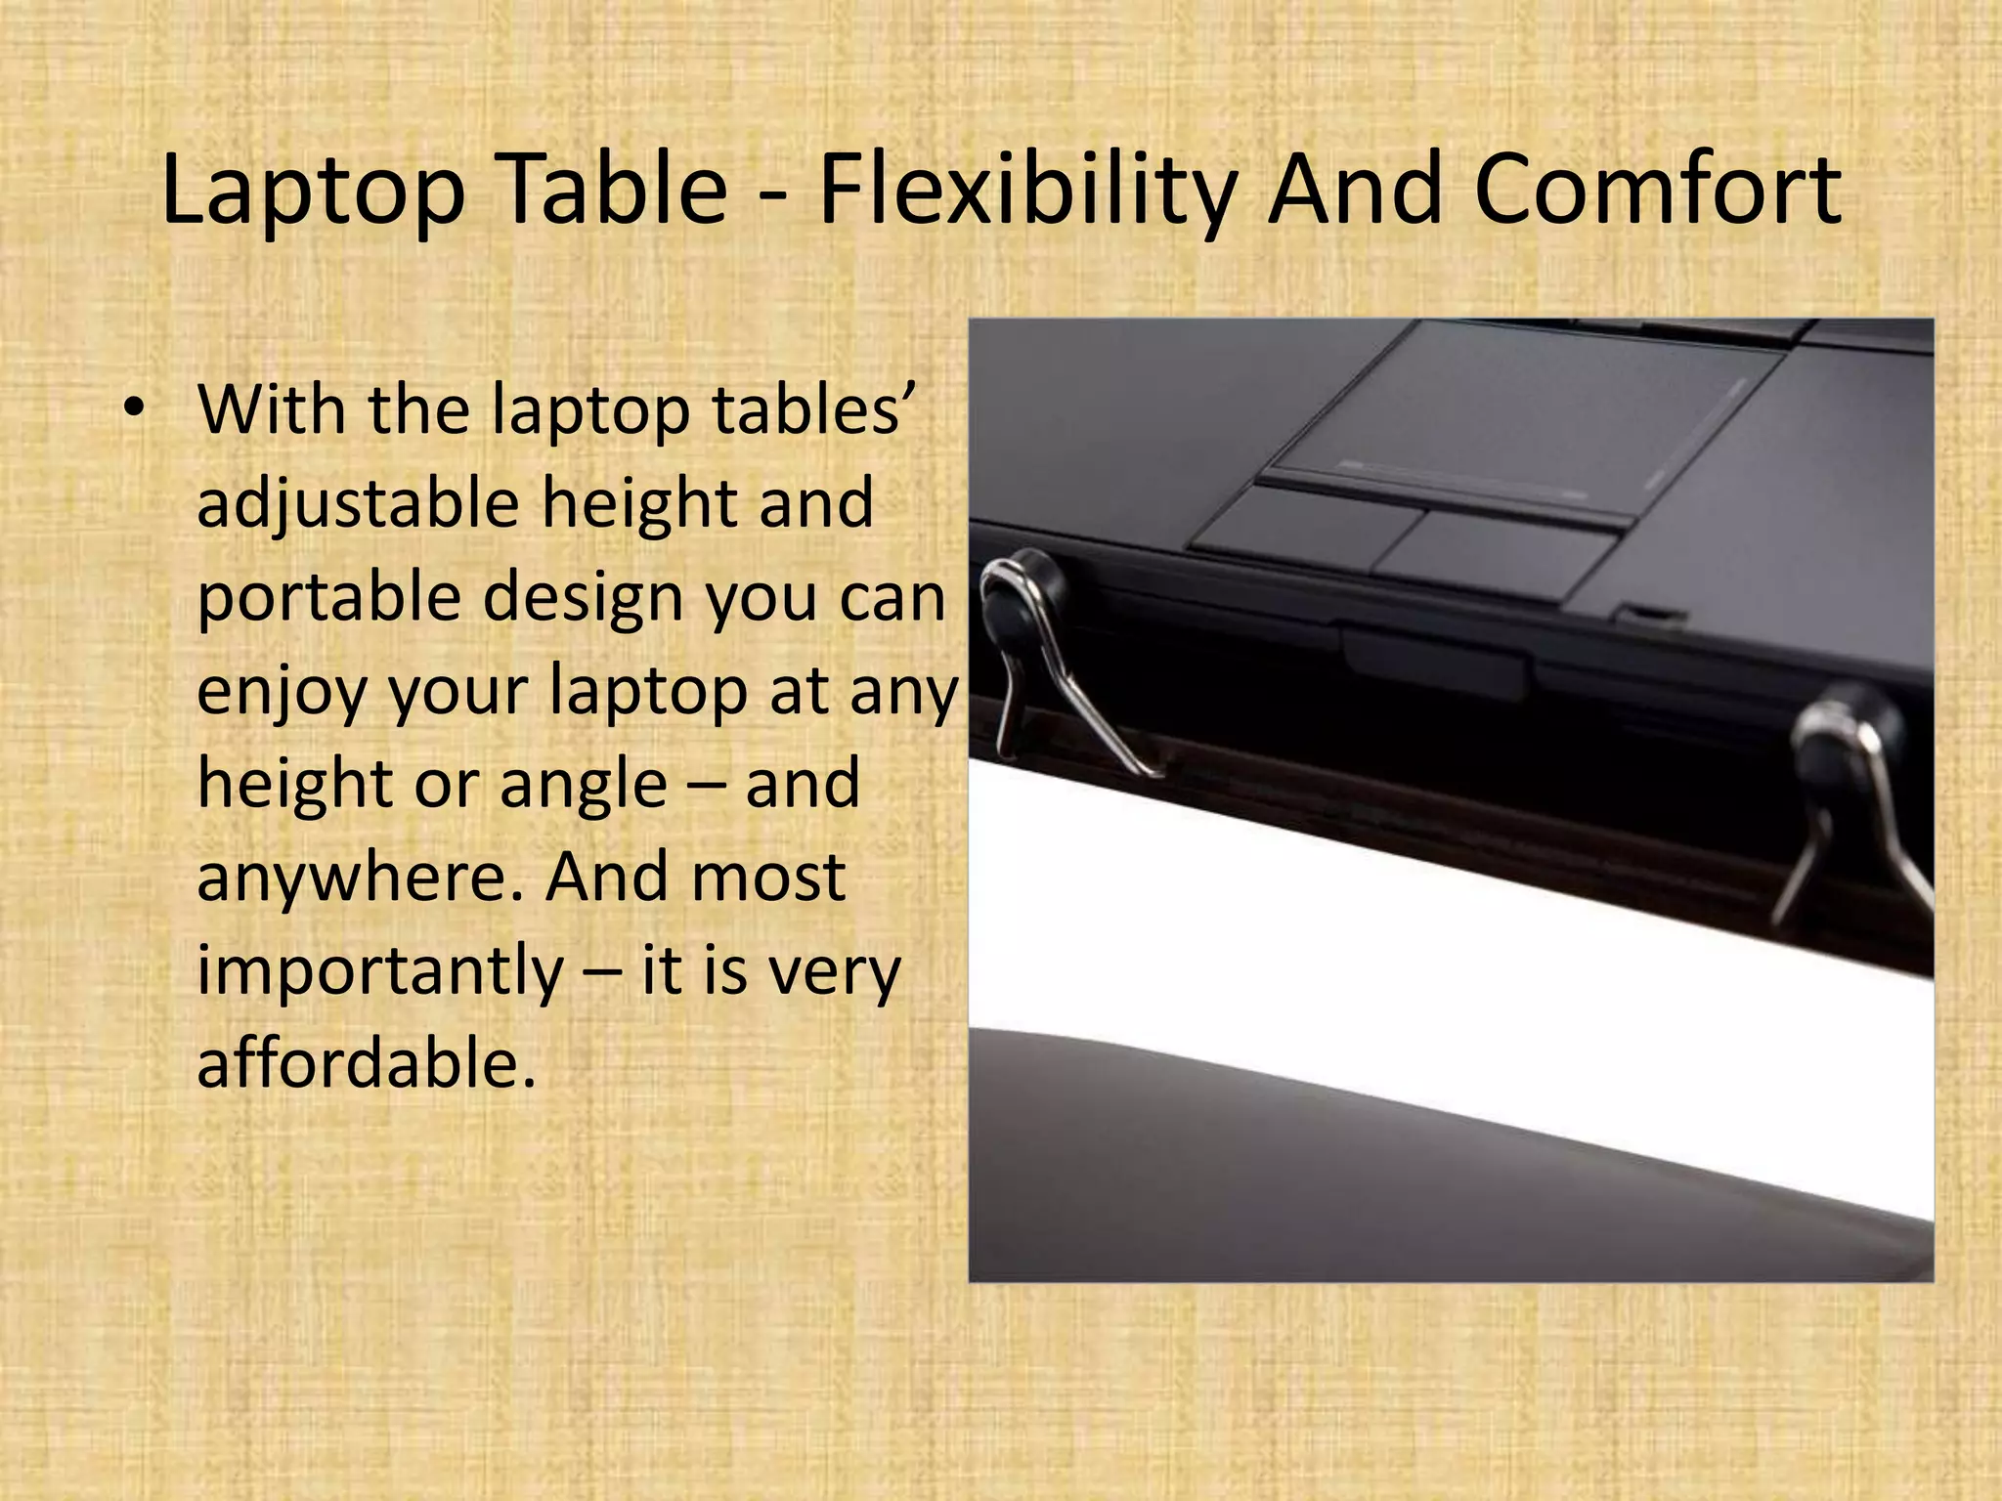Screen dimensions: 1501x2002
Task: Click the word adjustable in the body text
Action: tap(357, 504)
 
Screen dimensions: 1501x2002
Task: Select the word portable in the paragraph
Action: tap(328, 597)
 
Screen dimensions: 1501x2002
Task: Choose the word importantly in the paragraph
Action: tap(380, 970)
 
